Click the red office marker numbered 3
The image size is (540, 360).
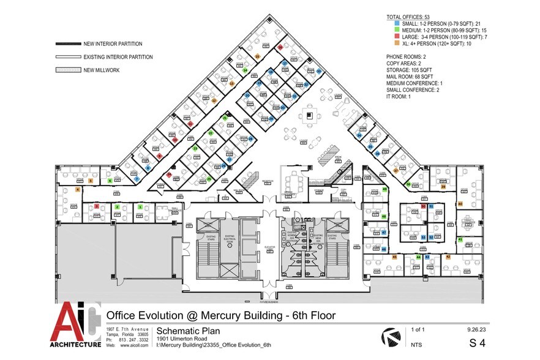97,207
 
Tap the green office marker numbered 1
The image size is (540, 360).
140,207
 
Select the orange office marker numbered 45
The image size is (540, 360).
394,257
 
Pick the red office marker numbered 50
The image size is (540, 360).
423,207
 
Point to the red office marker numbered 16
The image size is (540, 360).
280,47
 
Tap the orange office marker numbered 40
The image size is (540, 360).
459,204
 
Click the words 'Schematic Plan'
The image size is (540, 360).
132,329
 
